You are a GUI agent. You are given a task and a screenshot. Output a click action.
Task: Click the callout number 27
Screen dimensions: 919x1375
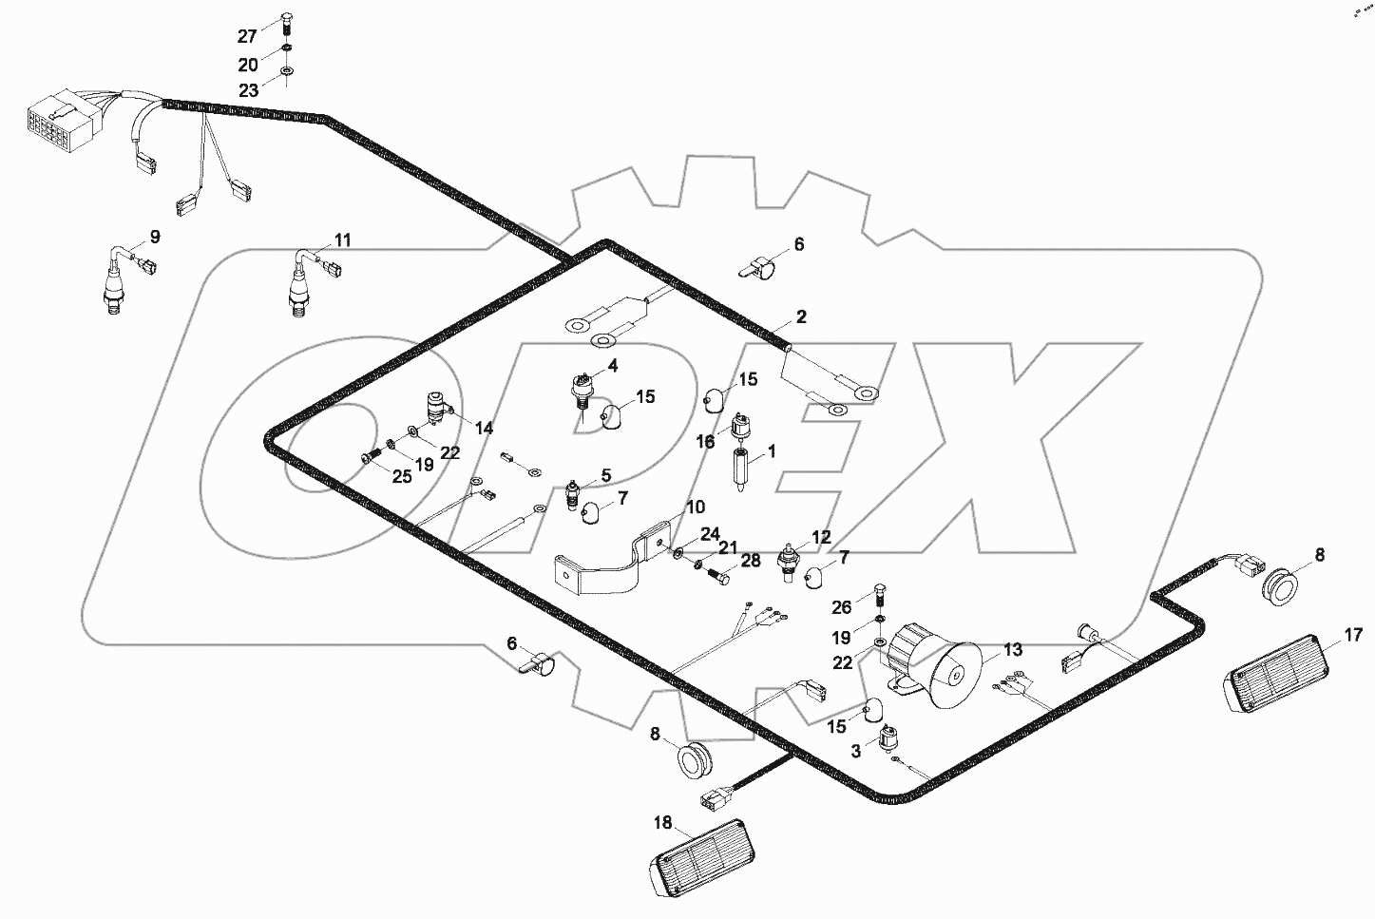click(x=247, y=36)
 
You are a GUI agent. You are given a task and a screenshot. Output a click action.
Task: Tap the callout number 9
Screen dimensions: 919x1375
click(x=154, y=237)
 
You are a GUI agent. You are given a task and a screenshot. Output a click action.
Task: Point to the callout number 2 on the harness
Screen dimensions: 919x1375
click(x=801, y=316)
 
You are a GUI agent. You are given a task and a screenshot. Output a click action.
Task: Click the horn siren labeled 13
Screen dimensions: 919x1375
click(x=936, y=665)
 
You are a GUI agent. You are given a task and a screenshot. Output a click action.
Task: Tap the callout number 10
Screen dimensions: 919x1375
click(x=695, y=507)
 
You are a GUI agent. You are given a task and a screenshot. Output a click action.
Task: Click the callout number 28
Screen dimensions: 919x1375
click(x=750, y=561)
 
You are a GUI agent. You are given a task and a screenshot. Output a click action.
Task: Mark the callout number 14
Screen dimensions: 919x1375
click(x=484, y=429)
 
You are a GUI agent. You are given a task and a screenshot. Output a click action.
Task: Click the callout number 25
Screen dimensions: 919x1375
click(x=402, y=476)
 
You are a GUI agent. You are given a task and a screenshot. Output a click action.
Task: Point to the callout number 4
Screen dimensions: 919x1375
click(x=612, y=365)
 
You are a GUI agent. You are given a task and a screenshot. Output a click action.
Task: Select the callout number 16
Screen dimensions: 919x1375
click(x=705, y=441)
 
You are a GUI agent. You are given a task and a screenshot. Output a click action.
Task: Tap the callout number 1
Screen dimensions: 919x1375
click(x=772, y=451)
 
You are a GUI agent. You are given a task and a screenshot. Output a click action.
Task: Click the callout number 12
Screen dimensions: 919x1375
click(x=820, y=537)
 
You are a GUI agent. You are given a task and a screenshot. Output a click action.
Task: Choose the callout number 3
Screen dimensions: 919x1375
click(x=855, y=751)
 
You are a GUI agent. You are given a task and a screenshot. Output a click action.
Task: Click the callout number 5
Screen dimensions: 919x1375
click(x=604, y=475)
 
